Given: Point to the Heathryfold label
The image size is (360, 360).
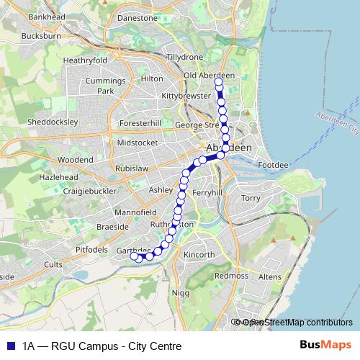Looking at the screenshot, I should pyautogui.click(x=86, y=60).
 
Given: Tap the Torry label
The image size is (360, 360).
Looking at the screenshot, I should pyautogui.click(x=251, y=197).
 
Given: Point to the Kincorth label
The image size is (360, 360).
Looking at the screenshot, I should pyautogui.click(x=199, y=255).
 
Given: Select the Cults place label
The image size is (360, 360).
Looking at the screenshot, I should pyautogui.click(x=53, y=264).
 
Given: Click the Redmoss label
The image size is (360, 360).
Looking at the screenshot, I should pyautogui.click(x=231, y=276).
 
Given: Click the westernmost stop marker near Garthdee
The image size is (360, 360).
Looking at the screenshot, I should pyautogui.click(x=133, y=256).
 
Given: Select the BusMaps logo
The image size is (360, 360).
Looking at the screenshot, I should pyautogui.click(x=325, y=345).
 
